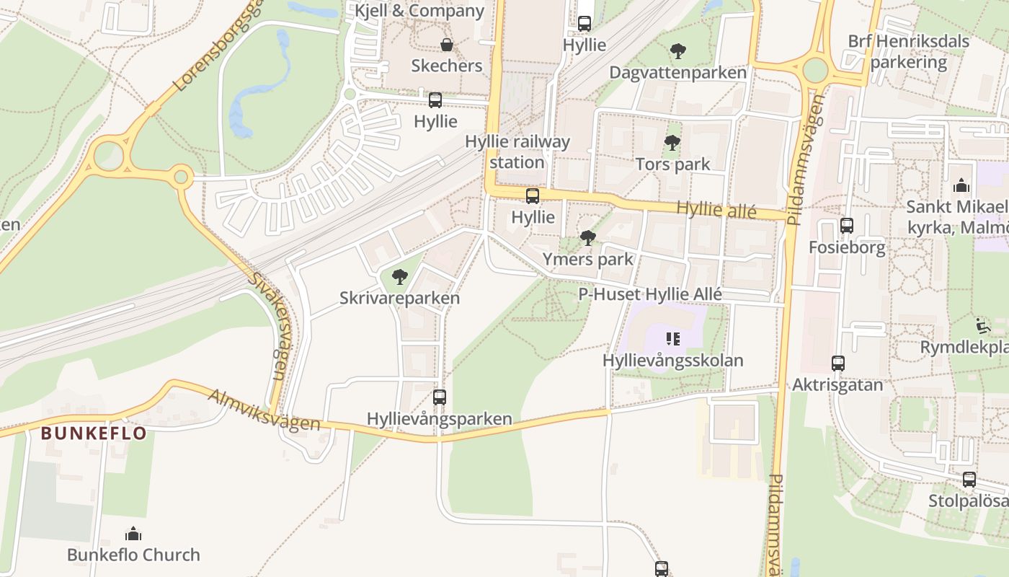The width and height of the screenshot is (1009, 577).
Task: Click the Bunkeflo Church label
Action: (133, 555)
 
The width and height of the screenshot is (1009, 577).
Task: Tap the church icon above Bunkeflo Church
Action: (133, 534)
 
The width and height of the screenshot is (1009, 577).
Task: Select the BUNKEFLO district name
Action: (94, 433)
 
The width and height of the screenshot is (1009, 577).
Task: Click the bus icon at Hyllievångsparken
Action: (439, 397)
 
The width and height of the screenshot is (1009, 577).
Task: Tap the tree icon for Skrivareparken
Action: (399, 276)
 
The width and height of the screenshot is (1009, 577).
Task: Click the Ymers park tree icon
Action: (587, 238)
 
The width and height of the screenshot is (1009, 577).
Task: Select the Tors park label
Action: (672, 164)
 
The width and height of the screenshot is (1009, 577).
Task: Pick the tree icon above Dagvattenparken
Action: (677, 51)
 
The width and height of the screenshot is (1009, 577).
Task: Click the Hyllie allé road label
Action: (716, 210)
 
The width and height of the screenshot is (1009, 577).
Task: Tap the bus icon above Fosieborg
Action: (846, 226)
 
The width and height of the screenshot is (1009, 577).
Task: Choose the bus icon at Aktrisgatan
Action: (837, 363)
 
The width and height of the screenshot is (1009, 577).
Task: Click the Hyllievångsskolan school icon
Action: (673, 338)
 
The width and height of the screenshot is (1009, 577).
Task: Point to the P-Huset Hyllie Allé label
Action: (650, 294)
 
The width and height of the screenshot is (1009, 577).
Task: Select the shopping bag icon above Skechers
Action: (447, 45)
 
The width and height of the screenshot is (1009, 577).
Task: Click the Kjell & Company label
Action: (419, 11)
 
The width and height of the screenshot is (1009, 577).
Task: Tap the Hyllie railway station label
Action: (517, 151)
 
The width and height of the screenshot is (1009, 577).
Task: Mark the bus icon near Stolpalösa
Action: (969, 479)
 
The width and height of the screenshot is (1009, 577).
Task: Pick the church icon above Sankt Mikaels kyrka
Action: (961, 186)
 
